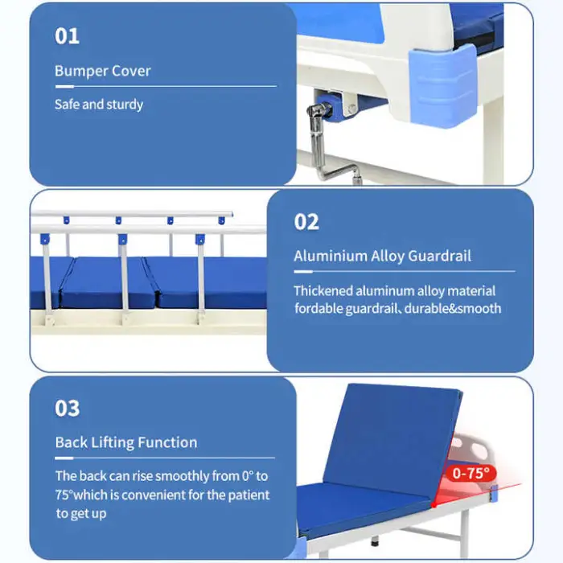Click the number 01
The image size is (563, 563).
tap(67, 36)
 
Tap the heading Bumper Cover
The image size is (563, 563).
tap(102, 71)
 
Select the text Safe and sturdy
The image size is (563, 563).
tap(98, 105)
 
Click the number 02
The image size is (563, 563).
tap(306, 222)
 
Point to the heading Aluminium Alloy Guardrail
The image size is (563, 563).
tap(382, 257)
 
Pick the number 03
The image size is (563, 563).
tap(68, 408)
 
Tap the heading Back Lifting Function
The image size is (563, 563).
tap(125, 442)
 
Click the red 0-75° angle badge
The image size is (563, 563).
tap(471, 474)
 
